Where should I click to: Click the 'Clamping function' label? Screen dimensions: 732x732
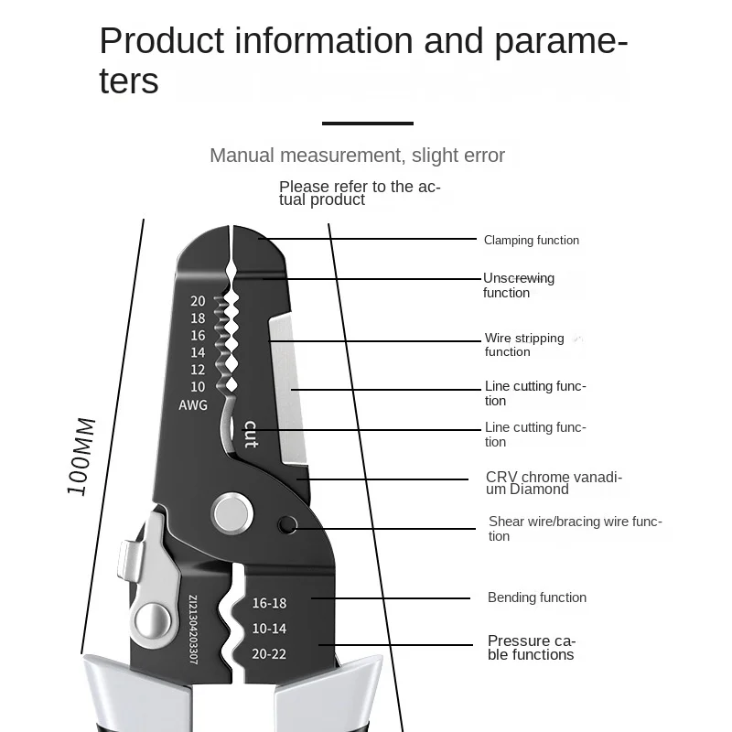click(x=531, y=241)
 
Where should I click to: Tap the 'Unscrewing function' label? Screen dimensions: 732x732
click(x=519, y=285)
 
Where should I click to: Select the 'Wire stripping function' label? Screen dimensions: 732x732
click(x=524, y=345)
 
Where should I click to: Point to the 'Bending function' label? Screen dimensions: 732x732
click(x=536, y=597)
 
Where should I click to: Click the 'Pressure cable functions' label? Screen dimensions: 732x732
click(x=532, y=648)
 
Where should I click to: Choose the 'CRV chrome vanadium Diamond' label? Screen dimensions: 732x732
click(x=554, y=483)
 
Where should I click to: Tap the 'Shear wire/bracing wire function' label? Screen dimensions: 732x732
click(x=575, y=529)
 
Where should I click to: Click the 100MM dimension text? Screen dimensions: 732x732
click(x=81, y=457)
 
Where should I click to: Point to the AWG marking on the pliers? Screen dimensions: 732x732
click(x=193, y=405)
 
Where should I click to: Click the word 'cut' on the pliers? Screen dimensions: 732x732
click(x=250, y=434)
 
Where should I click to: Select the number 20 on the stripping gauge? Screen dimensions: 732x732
click(x=198, y=301)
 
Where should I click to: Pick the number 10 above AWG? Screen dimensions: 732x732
click(x=198, y=387)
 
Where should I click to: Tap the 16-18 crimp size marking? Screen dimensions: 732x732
click(x=269, y=603)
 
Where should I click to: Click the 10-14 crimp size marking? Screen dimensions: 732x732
click(x=269, y=629)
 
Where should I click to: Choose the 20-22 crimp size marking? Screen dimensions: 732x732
click(x=269, y=653)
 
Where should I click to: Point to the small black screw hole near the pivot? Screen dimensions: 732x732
click(x=288, y=525)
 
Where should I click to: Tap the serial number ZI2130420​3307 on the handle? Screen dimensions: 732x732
click(x=193, y=637)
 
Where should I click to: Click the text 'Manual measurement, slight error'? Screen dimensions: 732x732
click(x=357, y=156)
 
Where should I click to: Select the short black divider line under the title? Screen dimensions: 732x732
click(x=368, y=123)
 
